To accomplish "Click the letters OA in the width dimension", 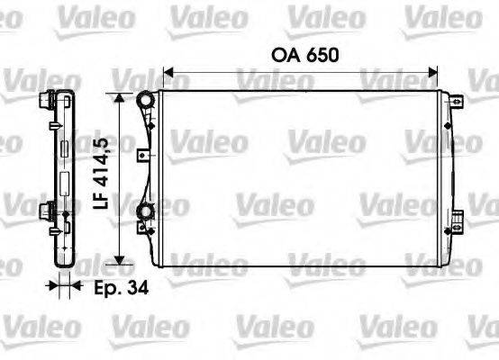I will tap(285, 56).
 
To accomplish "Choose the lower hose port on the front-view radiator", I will tap(144, 213).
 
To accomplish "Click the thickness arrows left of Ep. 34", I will tap(62, 288).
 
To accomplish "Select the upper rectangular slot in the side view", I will tap(64, 148).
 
